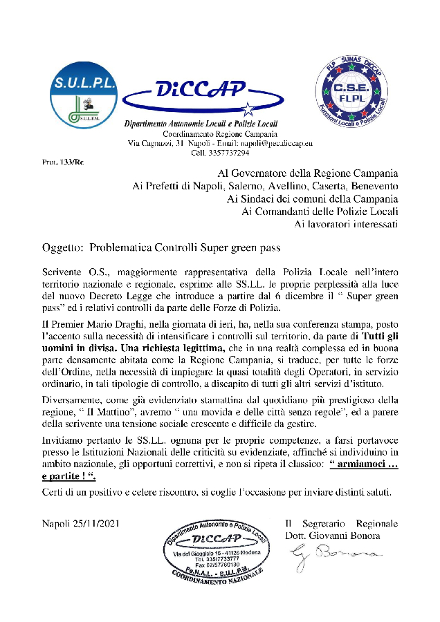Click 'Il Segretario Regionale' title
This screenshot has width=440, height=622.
tap(341, 523)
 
